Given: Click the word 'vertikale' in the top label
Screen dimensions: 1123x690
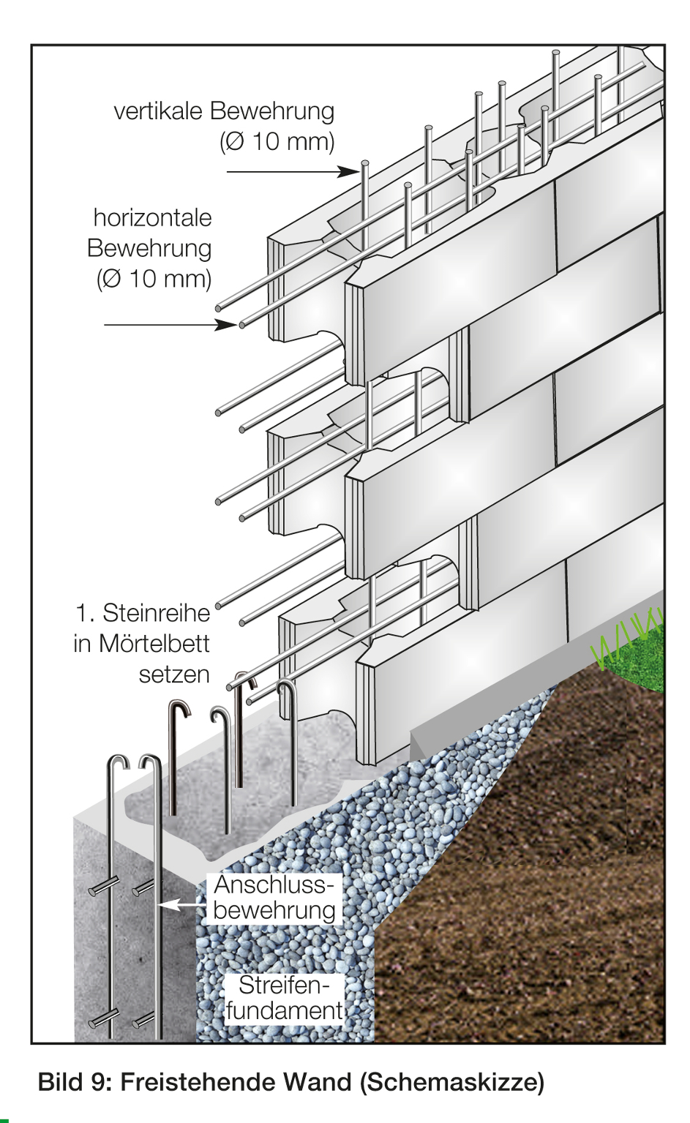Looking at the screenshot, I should [158, 111].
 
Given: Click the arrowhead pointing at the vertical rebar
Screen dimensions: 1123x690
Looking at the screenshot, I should [348, 171].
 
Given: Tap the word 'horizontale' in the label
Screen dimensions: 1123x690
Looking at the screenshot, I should [152, 218].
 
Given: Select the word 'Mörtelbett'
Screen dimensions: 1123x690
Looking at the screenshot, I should [154, 644].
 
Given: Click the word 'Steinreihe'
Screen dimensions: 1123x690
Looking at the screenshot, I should [156, 613].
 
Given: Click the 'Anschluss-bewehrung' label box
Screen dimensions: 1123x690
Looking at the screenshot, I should [274, 898].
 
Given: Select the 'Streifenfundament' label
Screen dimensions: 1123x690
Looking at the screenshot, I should [284, 998].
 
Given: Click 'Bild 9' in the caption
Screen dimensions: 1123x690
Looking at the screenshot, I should [72, 1082].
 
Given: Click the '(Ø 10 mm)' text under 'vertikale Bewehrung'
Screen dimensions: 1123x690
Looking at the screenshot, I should [277, 141].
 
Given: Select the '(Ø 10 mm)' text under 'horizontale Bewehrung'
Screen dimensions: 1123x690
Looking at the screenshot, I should [154, 279].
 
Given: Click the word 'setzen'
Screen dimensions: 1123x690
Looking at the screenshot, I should [174, 675].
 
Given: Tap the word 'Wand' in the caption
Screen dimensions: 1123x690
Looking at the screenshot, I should [315, 1082].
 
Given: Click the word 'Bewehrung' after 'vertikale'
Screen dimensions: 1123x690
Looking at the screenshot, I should [271, 111].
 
